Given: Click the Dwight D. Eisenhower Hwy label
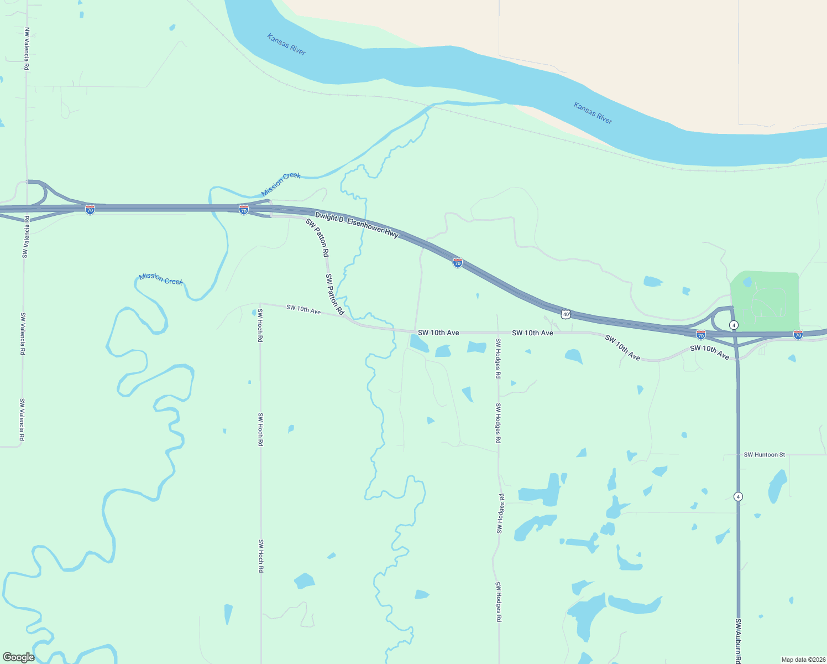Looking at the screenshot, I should pyautogui.click(x=357, y=225).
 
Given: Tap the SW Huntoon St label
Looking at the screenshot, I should pyautogui.click(x=764, y=455).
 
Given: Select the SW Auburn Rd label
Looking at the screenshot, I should pyautogui.click(x=738, y=640).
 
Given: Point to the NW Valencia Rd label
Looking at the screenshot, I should pyautogui.click(x=27, y=49).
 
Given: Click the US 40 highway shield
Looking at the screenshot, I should pyautogui.click(x=566, y=314).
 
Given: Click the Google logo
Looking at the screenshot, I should pyautogui.click(x=19, y=657).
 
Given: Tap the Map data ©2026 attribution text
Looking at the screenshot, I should pyautogui.click(x=803, y=660).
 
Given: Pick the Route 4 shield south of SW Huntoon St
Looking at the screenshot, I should pyautogui.click(x=738, y=497).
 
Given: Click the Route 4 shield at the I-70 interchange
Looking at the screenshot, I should pyautogui.click(x=734, y=325).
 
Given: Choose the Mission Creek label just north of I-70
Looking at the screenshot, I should pyautogui.click(x=281, y=184).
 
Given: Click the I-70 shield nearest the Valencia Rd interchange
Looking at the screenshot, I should pyautogui.click(x=90, y=210).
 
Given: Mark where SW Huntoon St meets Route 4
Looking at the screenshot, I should pyautogui.click(x=738, y=455).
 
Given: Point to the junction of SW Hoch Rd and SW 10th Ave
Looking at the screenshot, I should pyautogui.click(x=260, y=304).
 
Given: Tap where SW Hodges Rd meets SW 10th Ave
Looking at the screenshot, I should pyautogui.click(x=498, y=333).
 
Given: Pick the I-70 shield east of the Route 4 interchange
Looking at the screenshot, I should pyautogui.click(x=798, y=335).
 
